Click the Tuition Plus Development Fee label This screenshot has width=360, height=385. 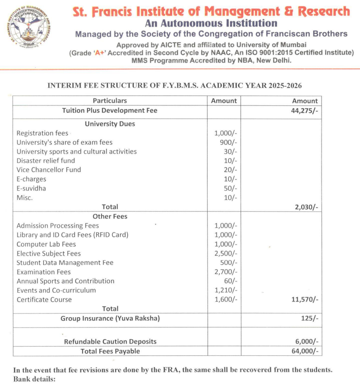pyautogui.click(x=110, y=110)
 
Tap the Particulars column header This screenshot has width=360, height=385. pyautogui.click(x=110, y=101)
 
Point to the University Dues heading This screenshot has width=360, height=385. pyautogui.click(x=110, y=124)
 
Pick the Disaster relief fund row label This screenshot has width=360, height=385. pyautogui.click(x=46, y=161)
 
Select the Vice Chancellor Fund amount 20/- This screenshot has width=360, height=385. pyautogui.click(x=231, y=170)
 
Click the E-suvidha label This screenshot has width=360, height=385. pyautogui.click(x=31, y=188)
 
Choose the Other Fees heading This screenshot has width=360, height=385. pyautogui.click(x=110, y=216)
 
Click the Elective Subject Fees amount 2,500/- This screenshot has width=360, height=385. pyautogui.click(x=226, y=253)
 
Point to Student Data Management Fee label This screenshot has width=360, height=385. pyautogui.click(x=65, y=263)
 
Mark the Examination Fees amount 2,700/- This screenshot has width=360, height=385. pyautogui.click(x=226, y=272)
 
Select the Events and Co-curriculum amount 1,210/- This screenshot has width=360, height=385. pyautogui.click(x=226, y=290)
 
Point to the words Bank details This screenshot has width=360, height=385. pyautogui.click(x=34, y=379)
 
